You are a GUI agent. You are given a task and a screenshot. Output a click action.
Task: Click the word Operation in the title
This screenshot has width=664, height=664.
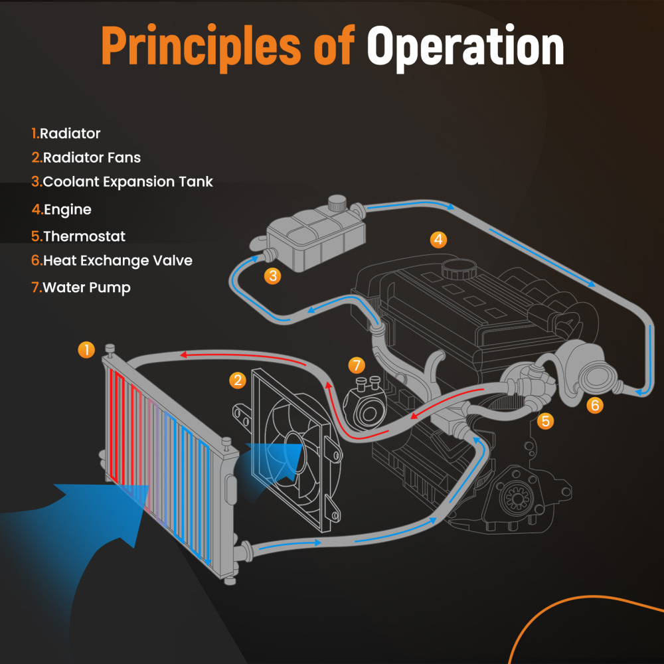(x=465, y=47)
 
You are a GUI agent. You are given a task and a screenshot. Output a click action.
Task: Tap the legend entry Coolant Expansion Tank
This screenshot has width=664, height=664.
(x=122, y=182)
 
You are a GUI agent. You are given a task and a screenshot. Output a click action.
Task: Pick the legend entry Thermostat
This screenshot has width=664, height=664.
(x=78, y=236)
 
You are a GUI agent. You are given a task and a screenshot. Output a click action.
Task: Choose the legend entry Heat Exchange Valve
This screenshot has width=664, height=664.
(x=112, y=261)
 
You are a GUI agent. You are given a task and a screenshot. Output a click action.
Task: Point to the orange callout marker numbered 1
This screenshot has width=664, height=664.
(x=86, y=350)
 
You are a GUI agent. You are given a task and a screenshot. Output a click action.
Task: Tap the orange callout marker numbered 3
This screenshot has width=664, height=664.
(x=272, y=276)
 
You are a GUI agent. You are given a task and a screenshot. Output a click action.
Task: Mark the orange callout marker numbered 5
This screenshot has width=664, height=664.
(x=545, y=420)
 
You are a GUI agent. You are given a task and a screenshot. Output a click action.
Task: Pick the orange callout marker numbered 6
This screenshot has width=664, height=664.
(x=595, y=404)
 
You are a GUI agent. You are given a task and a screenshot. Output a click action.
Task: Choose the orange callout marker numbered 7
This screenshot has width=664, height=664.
(x=357, y=365)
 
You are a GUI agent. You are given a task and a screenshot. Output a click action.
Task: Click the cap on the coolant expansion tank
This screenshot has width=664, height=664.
(x=338, y=202)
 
